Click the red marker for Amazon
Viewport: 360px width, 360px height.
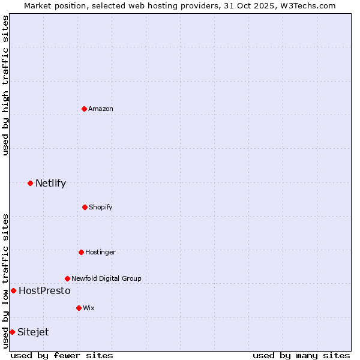click(x=85, y=109)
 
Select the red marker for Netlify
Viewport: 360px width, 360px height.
click(x=30, y=183)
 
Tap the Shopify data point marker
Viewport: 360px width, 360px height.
click(x=85, y=207)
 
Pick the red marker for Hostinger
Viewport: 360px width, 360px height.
click(x=81, y=252)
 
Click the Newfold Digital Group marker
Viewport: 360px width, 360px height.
click(x=67, y=278)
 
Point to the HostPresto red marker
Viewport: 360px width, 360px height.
click(x=13, y=290)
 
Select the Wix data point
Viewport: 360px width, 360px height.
click(x=79, y=308)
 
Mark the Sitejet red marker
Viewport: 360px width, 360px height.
click(x=12, y=332)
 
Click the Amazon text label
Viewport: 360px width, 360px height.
click(x=101, y=109)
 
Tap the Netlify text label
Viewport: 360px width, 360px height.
click(x=50, y=183)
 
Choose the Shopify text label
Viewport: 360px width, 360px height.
click(x=101, y=207)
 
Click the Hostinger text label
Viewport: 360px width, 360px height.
click(x=100, y=252)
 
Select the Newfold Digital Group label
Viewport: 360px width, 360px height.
click(x=106, y=278)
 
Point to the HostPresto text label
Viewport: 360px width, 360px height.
click(x=44, y=290)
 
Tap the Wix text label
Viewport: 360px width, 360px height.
click(x=89, y=308)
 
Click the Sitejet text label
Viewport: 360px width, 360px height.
click(x=33, y=332)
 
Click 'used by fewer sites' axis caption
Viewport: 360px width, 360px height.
click(x=62, y=355)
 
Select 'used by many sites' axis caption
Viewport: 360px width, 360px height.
click(x=301, y=355)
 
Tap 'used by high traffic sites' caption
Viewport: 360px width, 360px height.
click(x=5, y=85)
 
